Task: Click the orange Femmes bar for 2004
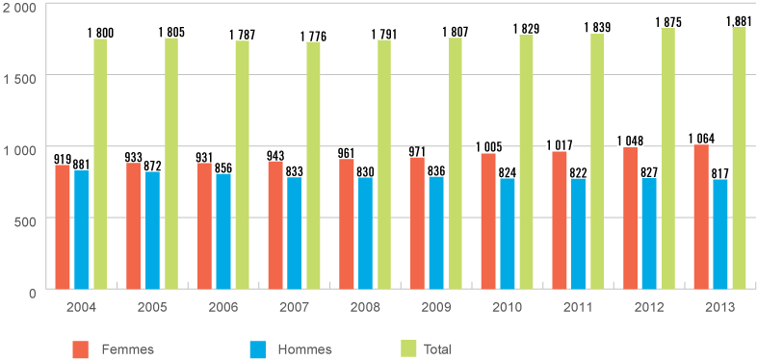click(x=63, y=226)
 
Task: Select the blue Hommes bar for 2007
click(x=295, y=232)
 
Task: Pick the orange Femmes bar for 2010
click(x=489, y=220)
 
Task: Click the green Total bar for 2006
click(x=243, y=164)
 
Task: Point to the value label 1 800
click(x=100, y=33)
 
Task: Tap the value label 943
click(x=275, y=157)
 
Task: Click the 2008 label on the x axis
click(x=365, y=307)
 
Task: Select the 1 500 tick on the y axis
click(x=18, y=75)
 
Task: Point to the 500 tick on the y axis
click(x=24, y=219)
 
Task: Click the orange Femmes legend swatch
click(x=82, y=347)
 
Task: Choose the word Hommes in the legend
click(x=298, y=348)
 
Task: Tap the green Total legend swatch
click(x=408, y=347)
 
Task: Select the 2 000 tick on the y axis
click(x=18, y=8)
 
